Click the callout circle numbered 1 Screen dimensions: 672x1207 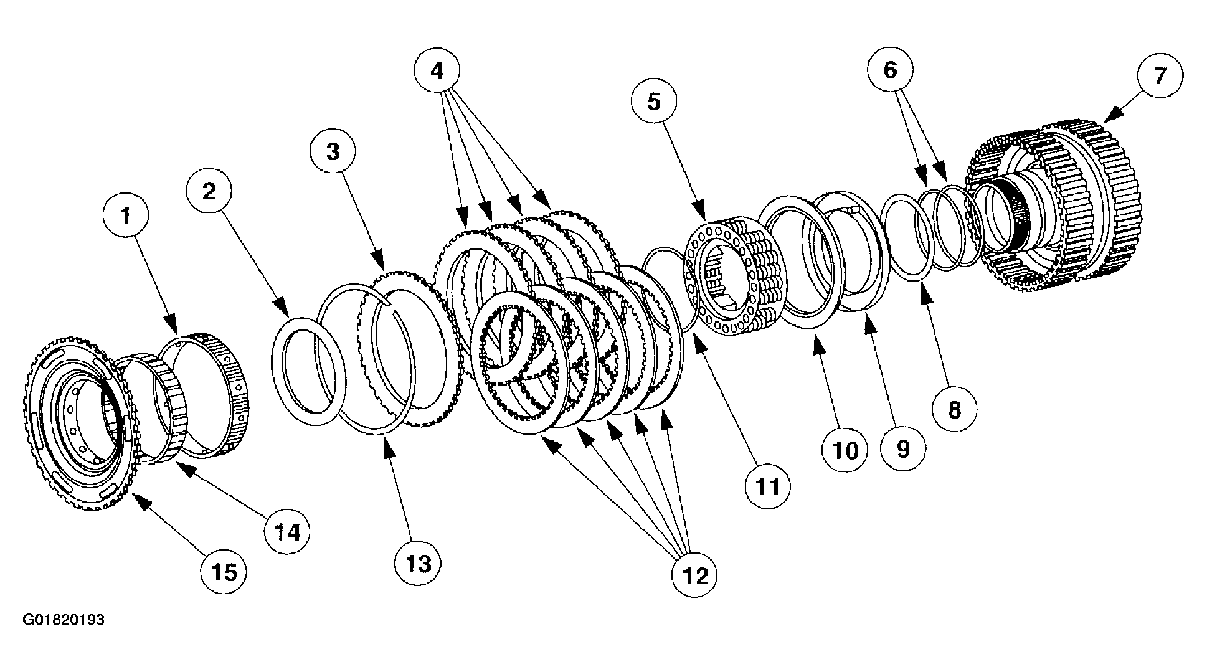tap(126, 217)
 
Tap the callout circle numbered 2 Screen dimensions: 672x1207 tap(209, 191)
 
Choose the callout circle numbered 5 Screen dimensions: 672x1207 tap(653, 102)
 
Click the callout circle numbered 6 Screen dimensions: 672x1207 tap(891, 70)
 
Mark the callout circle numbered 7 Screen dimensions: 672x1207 tap(1159, 76)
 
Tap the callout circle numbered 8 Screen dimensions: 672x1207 tap(955, 410)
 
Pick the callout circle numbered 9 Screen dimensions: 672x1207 tap(902, 447)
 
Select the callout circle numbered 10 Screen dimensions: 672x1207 tap(845, 450)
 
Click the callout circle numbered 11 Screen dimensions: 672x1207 tap(767, 486)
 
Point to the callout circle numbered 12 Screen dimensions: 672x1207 tap(694, 576)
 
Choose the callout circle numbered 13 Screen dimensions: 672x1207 tap(418, 564)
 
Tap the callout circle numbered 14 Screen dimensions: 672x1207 tap(286, 532)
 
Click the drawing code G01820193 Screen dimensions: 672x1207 tap(64, 620)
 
